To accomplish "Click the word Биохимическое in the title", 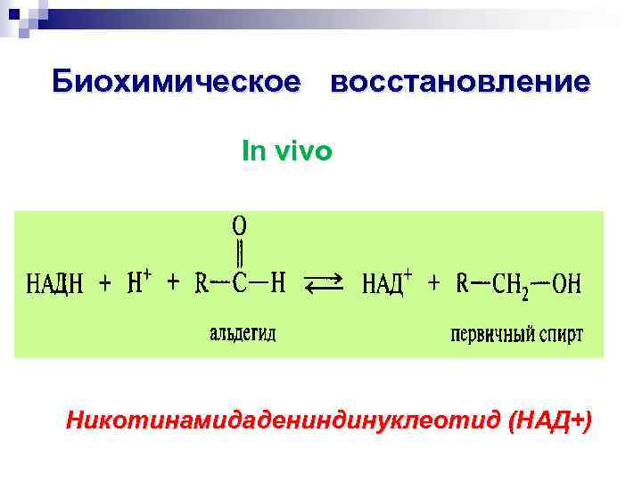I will click(x=177, y=81).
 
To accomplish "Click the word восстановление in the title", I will click(x=459, y=81).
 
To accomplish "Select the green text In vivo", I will click(x=286, y=151).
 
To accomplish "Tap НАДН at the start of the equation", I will click(x=55, y=285).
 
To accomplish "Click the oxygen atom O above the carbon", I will click(x=240, y=224).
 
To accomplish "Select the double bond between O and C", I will click(x=240, y=253).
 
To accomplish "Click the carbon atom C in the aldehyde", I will click(x=240, y=284).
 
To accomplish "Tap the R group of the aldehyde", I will click(x=202, y=284).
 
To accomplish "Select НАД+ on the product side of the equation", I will click(x=386, y=284).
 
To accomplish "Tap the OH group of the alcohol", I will click(x=566, y=285).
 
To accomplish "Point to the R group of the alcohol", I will click(x=463, y=284).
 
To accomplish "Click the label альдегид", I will click(x=243, y=334).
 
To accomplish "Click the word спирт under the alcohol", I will click(x=560, y=336).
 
